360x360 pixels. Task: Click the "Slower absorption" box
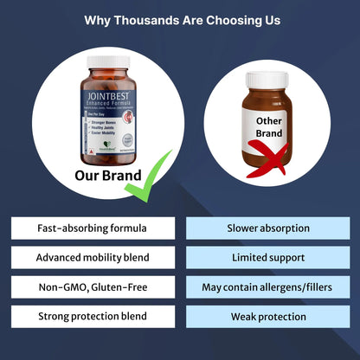pos(268,228)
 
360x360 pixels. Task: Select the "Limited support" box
pos(268,258)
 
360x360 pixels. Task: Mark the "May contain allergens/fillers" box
pos(268,287)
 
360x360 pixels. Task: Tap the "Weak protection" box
pos(268,317)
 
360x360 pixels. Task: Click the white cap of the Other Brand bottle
pos(267,79)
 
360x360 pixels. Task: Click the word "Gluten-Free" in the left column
pos(122,287)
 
